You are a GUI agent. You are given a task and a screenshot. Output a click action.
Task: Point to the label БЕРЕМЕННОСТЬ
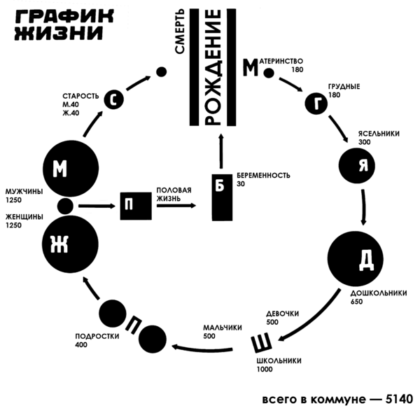pos(262,175)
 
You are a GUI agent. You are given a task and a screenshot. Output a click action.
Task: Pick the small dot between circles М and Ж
pos(66,206)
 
